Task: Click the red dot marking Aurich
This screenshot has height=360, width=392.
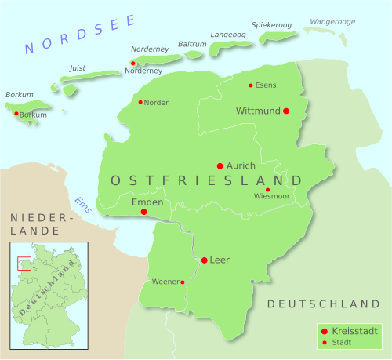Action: coord(220,165)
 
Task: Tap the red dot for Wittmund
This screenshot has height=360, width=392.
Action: coord(286,111)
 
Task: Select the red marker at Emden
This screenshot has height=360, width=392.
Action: coord(143,212)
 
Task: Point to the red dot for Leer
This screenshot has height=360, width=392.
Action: coord(204,260)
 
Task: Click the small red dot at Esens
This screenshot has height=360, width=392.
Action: coord(251,85)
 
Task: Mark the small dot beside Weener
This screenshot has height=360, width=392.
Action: coord(183,282)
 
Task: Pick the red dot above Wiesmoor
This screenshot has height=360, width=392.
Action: coord(267,190)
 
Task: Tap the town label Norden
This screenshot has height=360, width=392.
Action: coord(156,102)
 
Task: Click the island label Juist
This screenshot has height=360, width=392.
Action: coord(78,67)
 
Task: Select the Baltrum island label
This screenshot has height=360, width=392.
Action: coord(192,44)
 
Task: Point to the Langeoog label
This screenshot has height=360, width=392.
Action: coord(228,35)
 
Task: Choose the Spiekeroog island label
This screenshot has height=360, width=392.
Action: coord(271,25)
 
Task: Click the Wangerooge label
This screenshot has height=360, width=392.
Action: coord(332,21)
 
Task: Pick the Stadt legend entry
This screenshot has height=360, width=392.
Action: coord(343,343)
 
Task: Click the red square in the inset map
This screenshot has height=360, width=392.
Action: coord(24,264)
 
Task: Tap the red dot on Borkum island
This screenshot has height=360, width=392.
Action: coord(16,114)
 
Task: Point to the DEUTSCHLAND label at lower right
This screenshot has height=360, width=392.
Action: coord(323,304)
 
